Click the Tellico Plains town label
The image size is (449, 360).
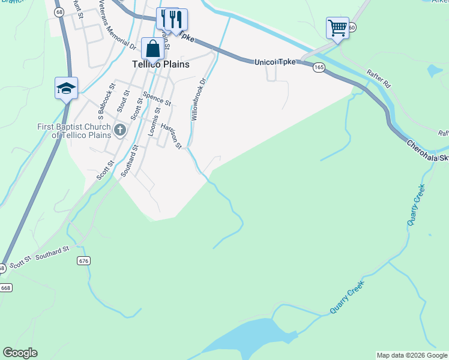(x=160, y=64)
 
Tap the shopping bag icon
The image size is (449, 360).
(x=153, y=48)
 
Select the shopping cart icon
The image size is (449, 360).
(x=337, y=27)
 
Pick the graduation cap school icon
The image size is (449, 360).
(x=66, y=88)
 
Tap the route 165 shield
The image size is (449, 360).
(x=318, y=68)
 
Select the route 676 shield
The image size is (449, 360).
(x=83, y=260)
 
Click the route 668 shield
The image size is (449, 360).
(x=5, y=287)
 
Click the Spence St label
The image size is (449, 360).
(x=157, y=99)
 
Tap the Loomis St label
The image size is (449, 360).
(x=157, y=118)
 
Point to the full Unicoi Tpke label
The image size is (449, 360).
(x=274, y=62)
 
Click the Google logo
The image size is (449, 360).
(x=20, y=353)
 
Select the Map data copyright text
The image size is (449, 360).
(x=412, y=355)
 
